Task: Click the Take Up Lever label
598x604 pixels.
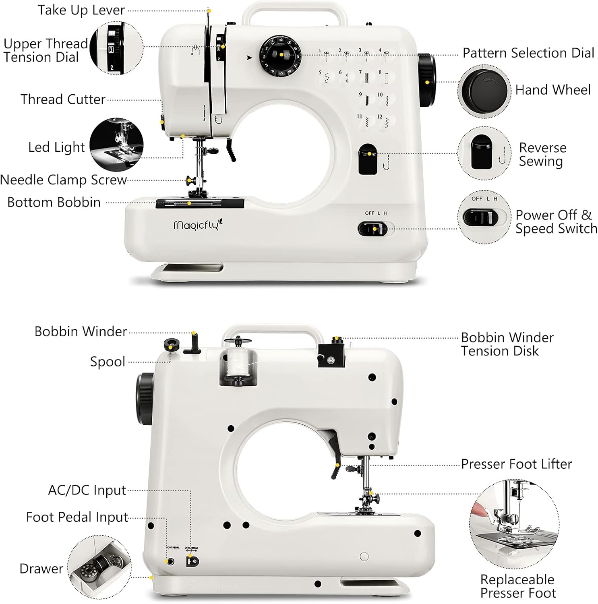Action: [x=81, y=10]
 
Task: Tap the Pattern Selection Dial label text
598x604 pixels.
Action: [x=528, y=53]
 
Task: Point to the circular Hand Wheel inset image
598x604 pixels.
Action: [x=484, y=91]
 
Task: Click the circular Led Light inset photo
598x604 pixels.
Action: [x=116, y=145]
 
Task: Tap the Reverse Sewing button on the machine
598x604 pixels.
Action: [x=367, y=159]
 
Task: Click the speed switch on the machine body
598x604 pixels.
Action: [x=372, y=229]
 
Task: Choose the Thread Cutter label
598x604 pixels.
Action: [x=63, y=99]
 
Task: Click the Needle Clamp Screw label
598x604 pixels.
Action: [x=64, y=180]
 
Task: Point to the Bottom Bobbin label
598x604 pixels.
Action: [x=54, y=202]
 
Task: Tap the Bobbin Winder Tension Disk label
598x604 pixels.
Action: [x=507, y=344]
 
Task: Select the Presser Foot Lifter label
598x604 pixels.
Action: [x=516, y=464]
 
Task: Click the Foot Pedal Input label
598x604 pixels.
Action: [x=77, y=517]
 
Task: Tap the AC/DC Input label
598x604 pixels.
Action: [x=87, y=490]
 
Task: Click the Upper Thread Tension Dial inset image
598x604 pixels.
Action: [x=116, y=48]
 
